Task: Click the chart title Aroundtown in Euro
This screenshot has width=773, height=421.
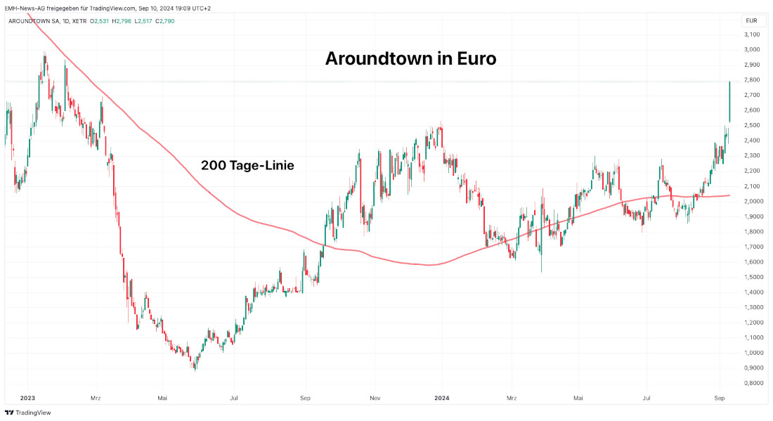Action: point(410,59)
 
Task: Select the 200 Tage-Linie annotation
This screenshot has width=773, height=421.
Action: point(247,166)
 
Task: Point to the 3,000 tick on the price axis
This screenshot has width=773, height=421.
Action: point(752,49)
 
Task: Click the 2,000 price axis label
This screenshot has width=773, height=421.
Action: point(752,201)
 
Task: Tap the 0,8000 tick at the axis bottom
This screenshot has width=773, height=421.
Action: point(752,383)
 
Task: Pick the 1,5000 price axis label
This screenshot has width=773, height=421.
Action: point(752,277)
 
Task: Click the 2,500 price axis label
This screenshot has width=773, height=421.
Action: point(752,125)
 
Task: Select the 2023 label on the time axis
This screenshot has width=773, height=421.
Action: point(28,398)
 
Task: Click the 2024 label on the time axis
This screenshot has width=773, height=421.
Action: point(442,398)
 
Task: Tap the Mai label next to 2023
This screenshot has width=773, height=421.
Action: point(162,398)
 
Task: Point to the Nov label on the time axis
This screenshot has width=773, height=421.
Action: point(375,398)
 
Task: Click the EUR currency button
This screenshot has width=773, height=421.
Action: point(751,21)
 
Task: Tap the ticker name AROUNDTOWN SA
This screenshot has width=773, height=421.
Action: point(34,21)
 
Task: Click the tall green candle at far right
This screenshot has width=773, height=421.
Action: point(729,102)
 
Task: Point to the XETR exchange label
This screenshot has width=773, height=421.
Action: point(79,21)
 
